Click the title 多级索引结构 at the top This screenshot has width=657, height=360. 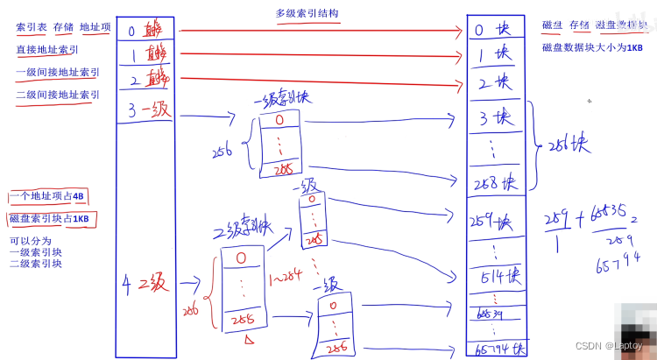307,13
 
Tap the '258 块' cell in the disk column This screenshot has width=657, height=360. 497,184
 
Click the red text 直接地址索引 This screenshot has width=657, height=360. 41,50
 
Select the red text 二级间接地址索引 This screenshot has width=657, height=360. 57,95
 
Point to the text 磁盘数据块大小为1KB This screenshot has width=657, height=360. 592,48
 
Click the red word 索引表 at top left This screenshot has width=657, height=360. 31,27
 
